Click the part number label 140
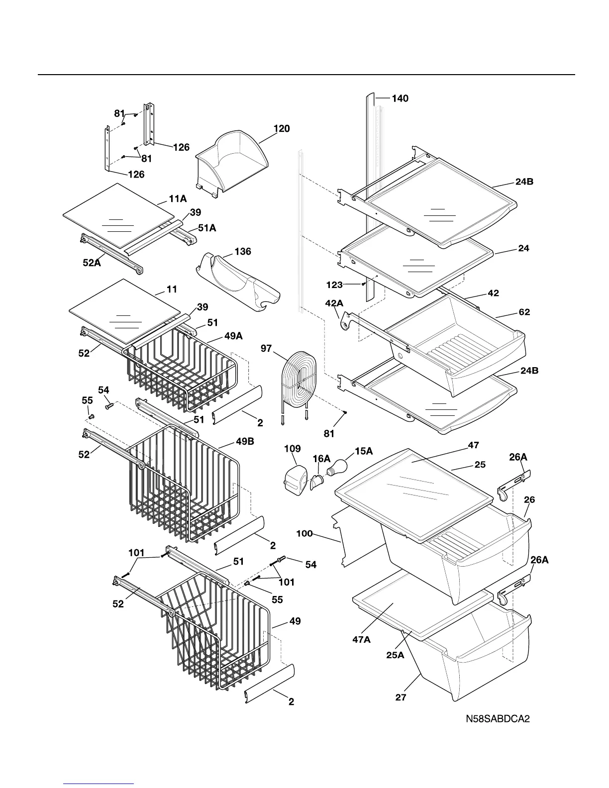(x=400, y=98)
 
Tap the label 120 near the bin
(x=282, y=129)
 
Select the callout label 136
(x=243, y=252)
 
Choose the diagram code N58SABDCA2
(x=497, y=719)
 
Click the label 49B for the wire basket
(x=245, y=441)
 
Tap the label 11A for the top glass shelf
(x=178, y=199)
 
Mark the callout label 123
(x=334, y=285)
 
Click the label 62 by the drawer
(x=524, y=312)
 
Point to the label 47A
(x=361, y=640)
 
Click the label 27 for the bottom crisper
(x=401, y=697)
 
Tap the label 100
(x=304, y=534)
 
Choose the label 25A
(x=395, y=655)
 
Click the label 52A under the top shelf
(x=92, y=263)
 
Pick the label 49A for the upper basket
(x=233, y=336)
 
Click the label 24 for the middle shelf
(x=523, y=248)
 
